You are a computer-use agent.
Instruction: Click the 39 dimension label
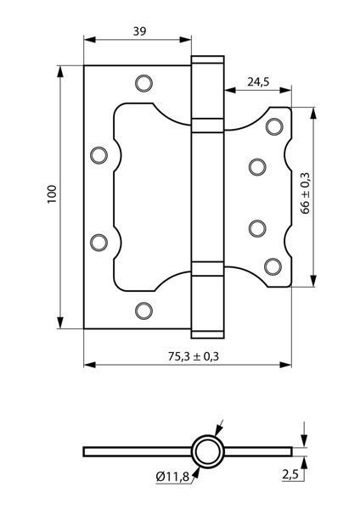point(140,31)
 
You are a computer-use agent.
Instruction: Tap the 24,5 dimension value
point(258,81)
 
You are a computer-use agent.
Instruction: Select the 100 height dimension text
point(52,194)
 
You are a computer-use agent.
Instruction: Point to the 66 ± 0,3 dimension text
point(306,193)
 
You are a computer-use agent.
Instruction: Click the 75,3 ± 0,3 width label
point(194,356)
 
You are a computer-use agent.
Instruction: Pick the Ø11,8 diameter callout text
point(172,477)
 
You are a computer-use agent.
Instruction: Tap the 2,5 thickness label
point(290,474)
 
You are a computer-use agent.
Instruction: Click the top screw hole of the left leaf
point(143,83)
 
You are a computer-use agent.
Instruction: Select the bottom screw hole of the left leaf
point(143,310)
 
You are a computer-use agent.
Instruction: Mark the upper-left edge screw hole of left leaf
point(98,155)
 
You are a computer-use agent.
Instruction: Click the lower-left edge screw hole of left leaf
point(98,243)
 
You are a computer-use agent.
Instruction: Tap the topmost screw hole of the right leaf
point(274,126)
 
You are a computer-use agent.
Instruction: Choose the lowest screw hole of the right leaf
point(273,267)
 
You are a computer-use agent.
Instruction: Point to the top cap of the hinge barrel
point(208,59)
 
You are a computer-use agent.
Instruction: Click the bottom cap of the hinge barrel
point(208,335)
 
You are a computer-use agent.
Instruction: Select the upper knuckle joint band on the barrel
point(208,126)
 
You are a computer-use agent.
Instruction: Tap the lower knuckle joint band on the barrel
point(208,269)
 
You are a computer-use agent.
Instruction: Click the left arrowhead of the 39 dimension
point(90,40)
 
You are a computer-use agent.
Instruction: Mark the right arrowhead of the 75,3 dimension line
point(285,365)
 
